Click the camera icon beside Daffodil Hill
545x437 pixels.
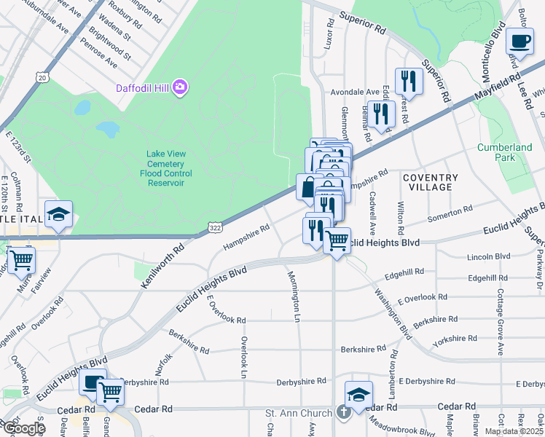179,88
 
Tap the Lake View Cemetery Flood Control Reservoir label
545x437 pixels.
164,168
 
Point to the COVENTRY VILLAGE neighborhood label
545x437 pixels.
430,182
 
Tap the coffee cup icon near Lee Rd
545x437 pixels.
519,42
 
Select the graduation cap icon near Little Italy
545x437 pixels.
58,214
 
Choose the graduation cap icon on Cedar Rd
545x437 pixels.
358,395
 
